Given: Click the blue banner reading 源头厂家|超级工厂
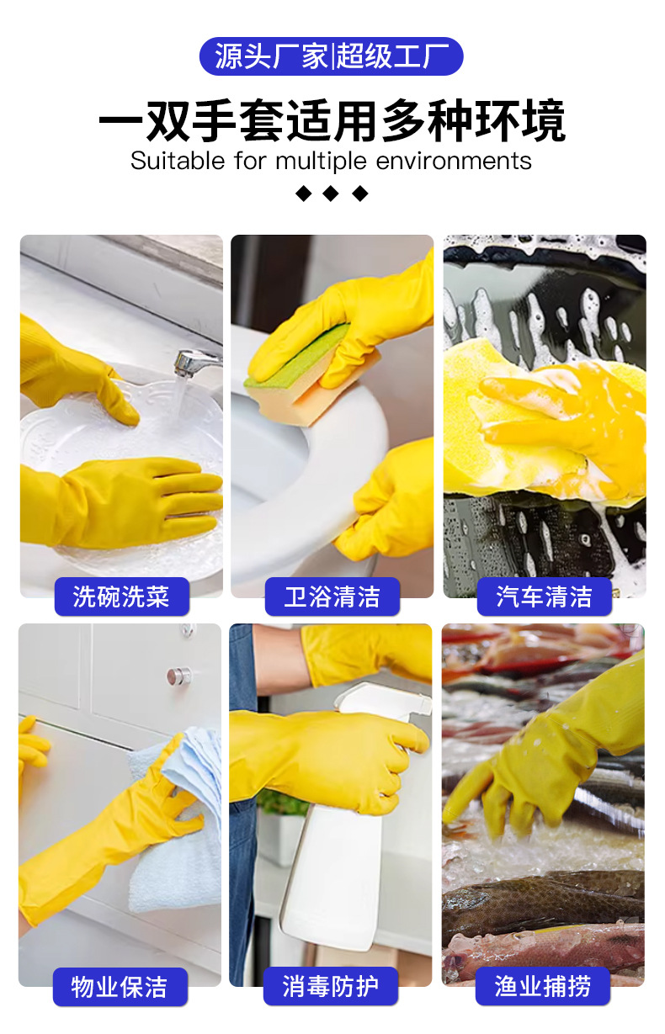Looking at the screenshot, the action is point(331,56).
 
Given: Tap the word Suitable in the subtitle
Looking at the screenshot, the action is point(178,161).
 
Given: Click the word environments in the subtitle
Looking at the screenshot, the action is point(454,161).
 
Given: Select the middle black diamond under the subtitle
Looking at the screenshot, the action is point(331,194).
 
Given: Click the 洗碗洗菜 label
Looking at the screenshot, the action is point(121,596).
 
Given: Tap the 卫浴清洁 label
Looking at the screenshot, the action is point(332,596).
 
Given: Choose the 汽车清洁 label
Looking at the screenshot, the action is point(544,596).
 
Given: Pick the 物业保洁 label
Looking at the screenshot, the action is point(120,987).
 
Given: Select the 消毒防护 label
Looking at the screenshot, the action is point(331,986).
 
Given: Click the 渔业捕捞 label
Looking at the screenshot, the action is point(543,986).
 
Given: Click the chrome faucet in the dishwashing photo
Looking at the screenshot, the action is point(194,361).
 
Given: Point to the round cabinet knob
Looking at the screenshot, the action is point(178,676).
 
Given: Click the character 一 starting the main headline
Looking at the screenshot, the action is point(121,121).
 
